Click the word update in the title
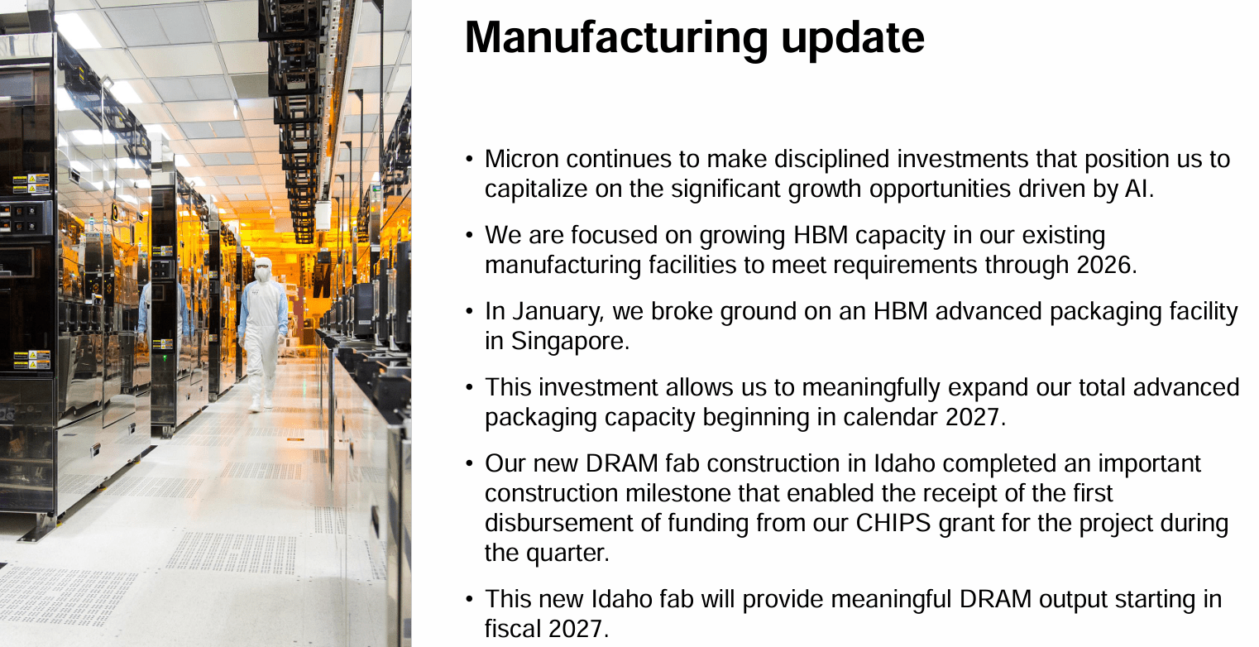pos(871,39)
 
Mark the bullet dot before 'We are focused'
pos(470,236)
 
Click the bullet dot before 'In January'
pos(470,312)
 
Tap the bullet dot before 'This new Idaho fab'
pos(470,600)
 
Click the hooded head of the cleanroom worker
pos(263,270)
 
